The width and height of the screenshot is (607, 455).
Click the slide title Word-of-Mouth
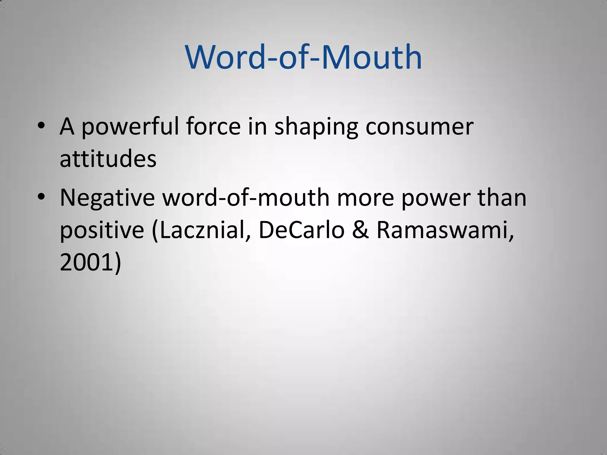pos(303,57)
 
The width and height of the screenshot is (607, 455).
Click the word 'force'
pos(213,126)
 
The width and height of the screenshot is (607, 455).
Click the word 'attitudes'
pos(108,159)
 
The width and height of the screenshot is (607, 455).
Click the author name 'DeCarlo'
pos(301,230)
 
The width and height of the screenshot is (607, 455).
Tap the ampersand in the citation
pos(361,230)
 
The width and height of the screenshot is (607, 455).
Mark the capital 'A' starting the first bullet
pos(67,126)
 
